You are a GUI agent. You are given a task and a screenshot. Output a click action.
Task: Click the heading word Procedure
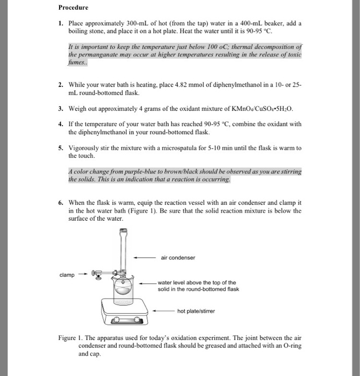[x=74, y=8]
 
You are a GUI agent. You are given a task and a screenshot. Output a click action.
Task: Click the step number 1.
[x=61, y=24]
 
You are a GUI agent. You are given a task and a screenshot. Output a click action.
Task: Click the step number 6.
[x=61, y=203]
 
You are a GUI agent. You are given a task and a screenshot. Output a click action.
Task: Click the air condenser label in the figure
[x=177, y=257]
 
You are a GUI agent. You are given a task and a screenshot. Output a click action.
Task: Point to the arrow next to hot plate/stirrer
[x=164, y=310]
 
